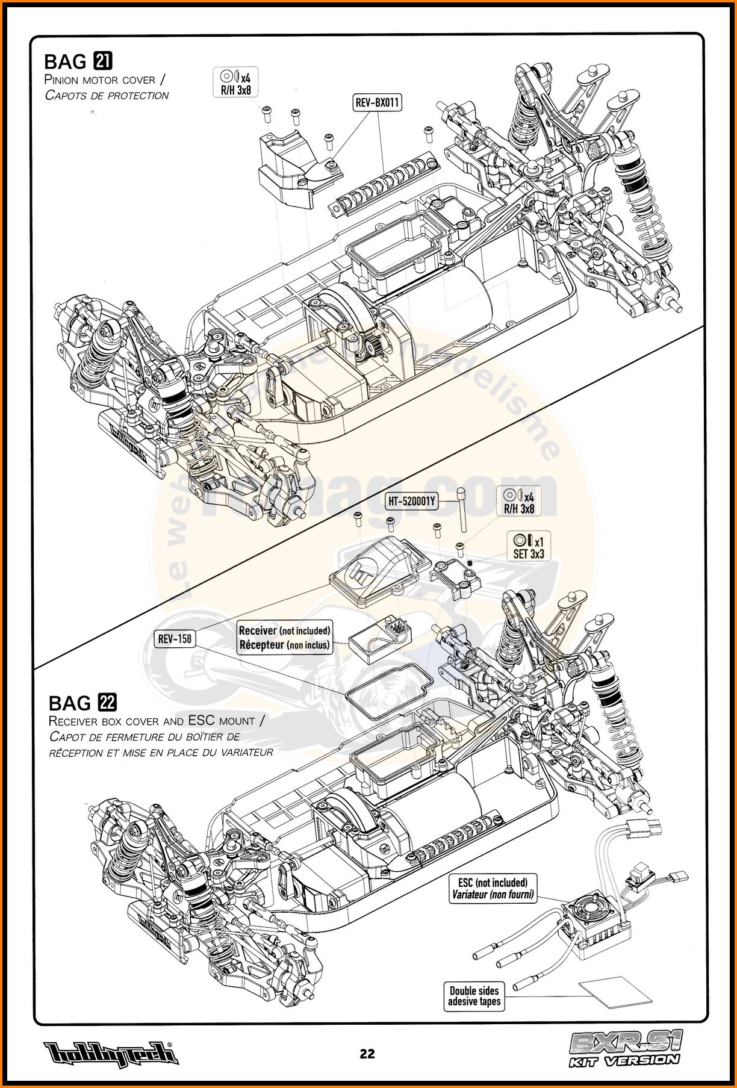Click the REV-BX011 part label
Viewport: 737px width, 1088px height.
[378, 103]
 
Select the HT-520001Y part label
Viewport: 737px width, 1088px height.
[412, 500]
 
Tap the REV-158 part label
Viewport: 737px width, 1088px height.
[175, 638]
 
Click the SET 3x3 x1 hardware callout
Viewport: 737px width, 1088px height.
[528, 547]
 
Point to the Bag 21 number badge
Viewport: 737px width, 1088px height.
[104, 61]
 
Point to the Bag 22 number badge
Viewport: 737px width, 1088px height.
[107, 703]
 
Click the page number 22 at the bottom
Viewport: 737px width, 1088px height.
[367, 1053]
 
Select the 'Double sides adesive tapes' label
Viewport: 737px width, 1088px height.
[474, 996]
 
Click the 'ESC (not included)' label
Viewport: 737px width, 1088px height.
[493, 888]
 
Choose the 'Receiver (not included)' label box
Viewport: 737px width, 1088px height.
[285, 638]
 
